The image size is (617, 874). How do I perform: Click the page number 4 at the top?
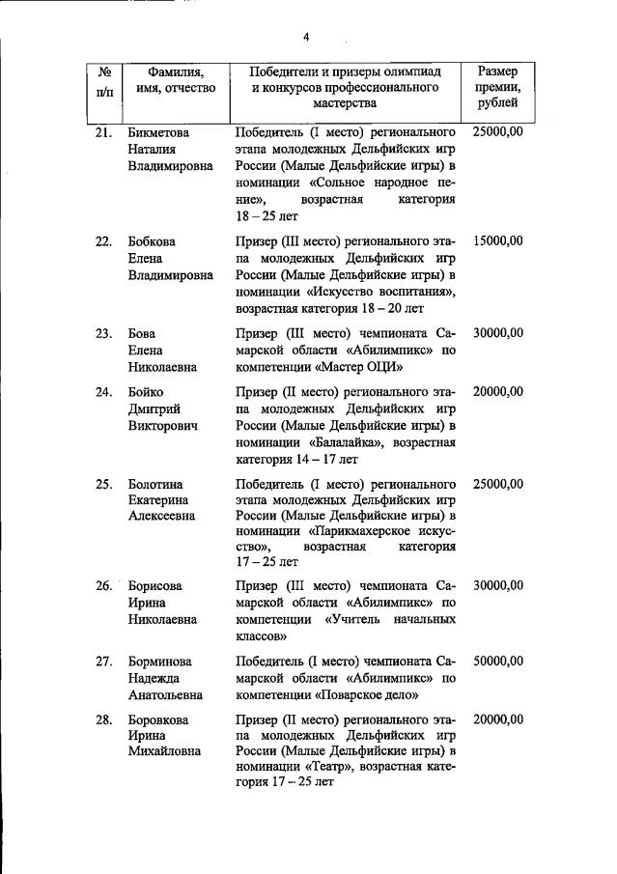click(306, 38)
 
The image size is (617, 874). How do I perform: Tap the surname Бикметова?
click(159, 131)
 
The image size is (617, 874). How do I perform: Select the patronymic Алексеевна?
click(162, 516)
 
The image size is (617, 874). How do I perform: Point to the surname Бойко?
click(146, 391)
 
